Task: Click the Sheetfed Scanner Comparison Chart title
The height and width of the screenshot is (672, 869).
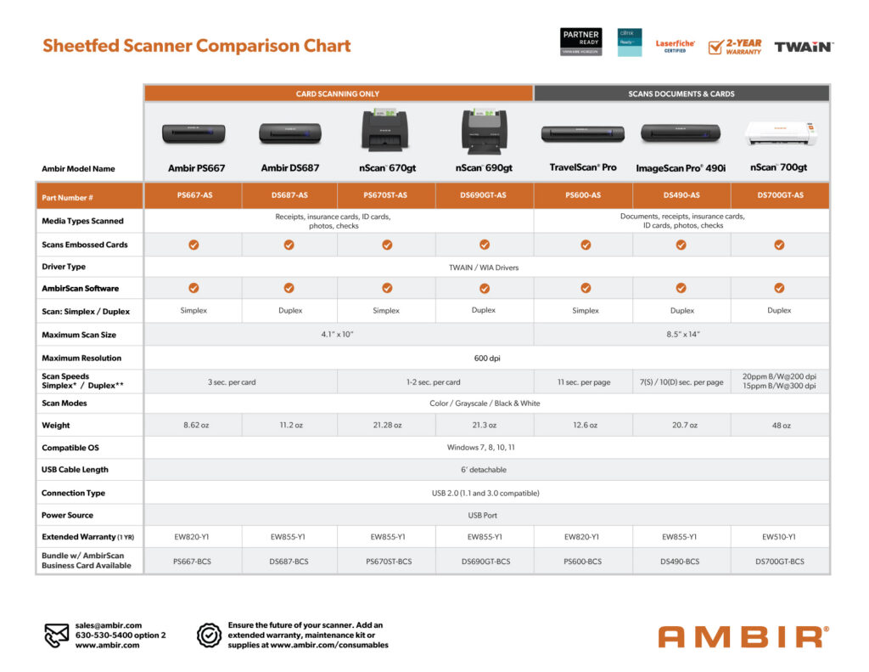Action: click(x=197, y=46)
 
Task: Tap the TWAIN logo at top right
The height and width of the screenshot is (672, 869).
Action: click(x=802, y=46)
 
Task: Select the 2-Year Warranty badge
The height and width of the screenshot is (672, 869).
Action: click(x=735, y=46)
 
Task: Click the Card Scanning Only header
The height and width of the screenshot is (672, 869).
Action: click(x=338, y=93)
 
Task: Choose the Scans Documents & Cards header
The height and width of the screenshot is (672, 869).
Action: click(x=681, y=93)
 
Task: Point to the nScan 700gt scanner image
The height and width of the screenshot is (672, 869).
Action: click(x=780, y=133)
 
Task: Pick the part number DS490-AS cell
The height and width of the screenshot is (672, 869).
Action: click(x=681, y=195)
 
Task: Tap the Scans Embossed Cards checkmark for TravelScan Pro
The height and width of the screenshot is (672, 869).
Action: click(x=586, y=245)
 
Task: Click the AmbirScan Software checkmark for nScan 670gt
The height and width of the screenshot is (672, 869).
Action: click(x=387, y=288)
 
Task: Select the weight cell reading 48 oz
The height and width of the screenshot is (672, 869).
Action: click(x=781, y=426)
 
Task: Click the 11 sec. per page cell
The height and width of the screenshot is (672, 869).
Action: click(x=584, y=382)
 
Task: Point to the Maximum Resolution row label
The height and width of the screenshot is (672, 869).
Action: click(x=81, y=359)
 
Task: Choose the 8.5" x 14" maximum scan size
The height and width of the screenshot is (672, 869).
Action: click(x=681, y=335)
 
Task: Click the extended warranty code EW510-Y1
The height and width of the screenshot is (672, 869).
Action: click(x=781, y=537)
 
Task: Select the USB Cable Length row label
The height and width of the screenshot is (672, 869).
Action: click(x=75, y=470)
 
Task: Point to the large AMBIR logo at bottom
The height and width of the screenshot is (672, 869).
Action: click(x=742, y=636)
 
